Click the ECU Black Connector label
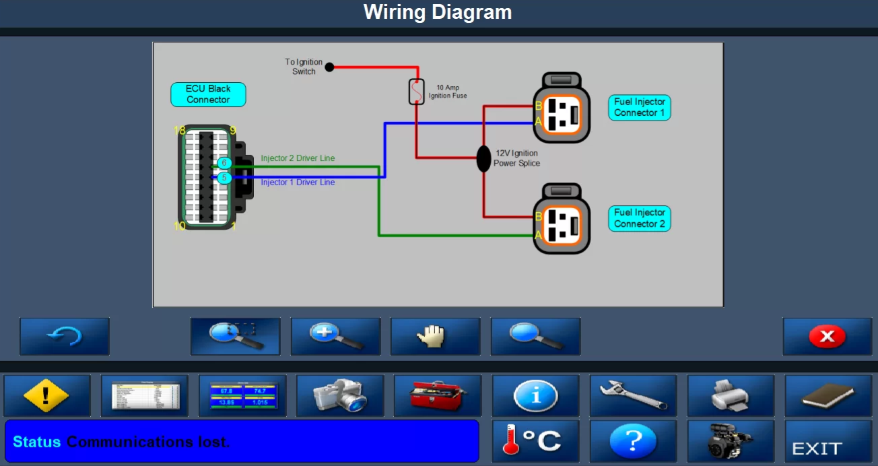point(208,94)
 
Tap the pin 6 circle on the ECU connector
point(224,164)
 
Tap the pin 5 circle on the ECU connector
point(224,178)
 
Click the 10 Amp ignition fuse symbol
point(417,92)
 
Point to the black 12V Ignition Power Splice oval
point(483,158)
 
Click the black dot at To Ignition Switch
point(329,67)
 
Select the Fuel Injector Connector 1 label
point(639,108)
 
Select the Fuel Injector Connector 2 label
point(639,218)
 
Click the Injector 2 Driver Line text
point(298,158)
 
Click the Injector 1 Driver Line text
point(298,182)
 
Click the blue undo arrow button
point(64,336)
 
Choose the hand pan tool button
point(435,336)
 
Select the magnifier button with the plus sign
point(335,336)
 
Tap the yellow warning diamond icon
point(46,396)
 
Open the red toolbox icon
point(438,396)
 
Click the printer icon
point(731,396)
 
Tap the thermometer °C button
point(535,441)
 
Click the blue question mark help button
point(633,441)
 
